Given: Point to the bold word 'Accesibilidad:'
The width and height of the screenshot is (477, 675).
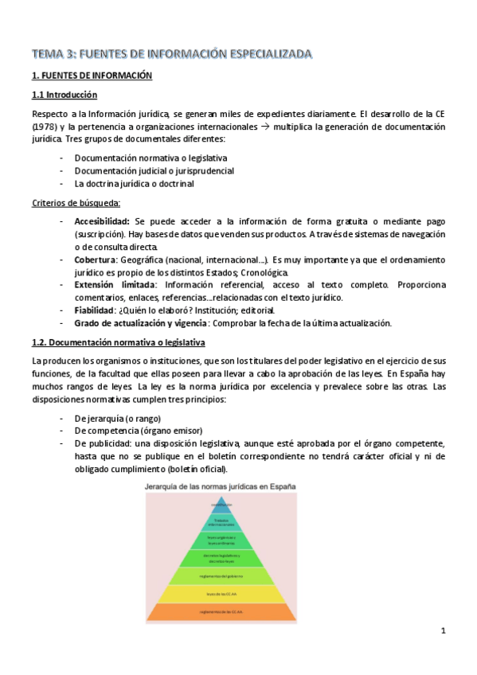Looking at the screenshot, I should click(103, 220).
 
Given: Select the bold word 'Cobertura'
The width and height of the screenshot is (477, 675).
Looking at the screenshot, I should click(95, 259).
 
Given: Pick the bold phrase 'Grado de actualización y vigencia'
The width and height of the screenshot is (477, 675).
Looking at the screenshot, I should click(140, 322).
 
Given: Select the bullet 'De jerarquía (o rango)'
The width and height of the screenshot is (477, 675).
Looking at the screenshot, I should click(117, 418).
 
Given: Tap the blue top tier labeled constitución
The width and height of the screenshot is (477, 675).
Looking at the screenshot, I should click(222, 505).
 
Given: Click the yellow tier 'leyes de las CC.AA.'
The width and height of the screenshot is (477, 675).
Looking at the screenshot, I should click(222, 593).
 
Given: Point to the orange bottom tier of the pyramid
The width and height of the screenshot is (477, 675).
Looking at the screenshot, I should click(222, 611).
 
